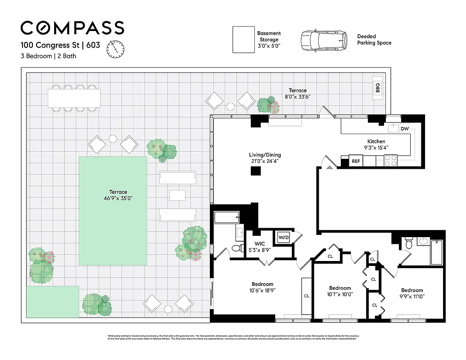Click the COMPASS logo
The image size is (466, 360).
(x=72, y=28)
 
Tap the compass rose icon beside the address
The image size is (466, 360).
(x=115, y=49)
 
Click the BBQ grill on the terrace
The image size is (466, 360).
(x=378, y=87)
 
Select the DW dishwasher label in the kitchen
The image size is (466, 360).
(x=404, y=129)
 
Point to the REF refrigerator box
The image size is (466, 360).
(x=356, y=161)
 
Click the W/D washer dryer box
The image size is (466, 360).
(x=283, y=237)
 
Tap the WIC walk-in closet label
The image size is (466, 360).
(x=253, y=243)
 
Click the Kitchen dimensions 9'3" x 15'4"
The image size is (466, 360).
(x=376, y=147)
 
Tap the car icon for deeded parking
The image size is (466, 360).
(x=324, y=40)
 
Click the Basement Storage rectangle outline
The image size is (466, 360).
(x=244, y=40)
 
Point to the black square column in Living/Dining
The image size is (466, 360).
(x=256, y=171)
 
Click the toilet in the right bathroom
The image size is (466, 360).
(x=409, y=243)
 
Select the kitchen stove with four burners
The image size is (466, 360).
(x=390, y=160)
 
